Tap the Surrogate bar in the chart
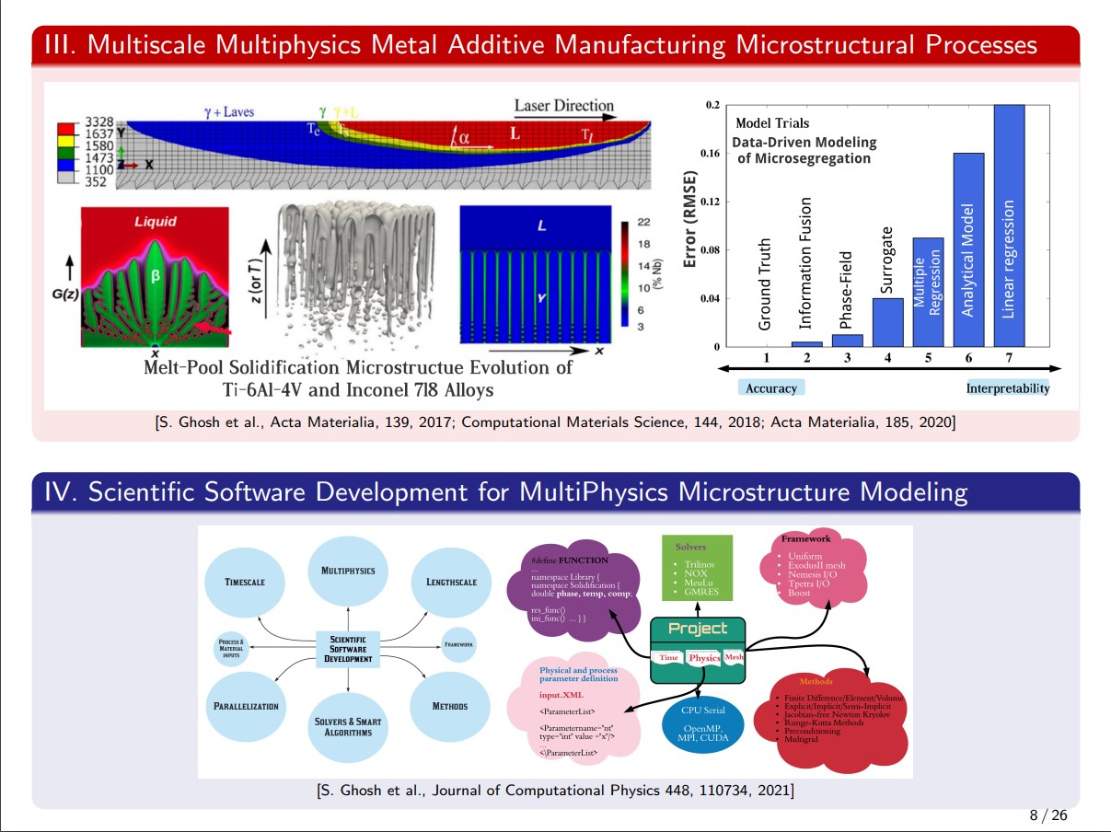[887, 322]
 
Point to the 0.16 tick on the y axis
[711, 153]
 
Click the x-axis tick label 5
[928, 356]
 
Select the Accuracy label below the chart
[771, 388]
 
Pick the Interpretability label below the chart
[1007, 388]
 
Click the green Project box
[697, 650]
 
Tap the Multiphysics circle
[348, 571]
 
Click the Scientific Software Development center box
[348, 649]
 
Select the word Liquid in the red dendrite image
[156, 221]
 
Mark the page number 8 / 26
[1047, 816]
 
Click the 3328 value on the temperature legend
[98, 121]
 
